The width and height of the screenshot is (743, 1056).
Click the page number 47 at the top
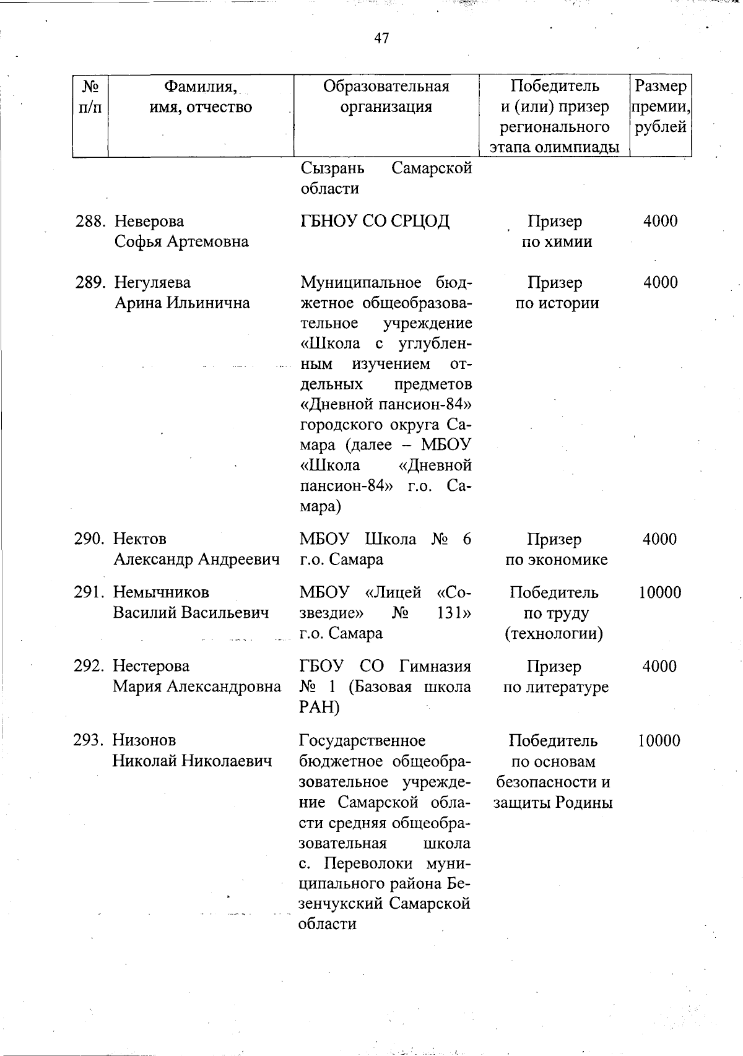click(381, 38)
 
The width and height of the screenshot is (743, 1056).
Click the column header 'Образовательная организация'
click(386, 96)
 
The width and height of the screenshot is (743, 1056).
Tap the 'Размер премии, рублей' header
click(660, 106)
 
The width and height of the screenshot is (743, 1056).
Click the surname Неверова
click(149, 221)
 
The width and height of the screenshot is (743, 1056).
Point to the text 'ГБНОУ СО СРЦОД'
click(375, 221)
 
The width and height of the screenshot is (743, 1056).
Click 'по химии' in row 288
click(556, 241)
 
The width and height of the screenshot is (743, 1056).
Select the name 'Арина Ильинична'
click(182, 303)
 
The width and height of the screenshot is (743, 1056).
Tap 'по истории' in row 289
click(557, 303)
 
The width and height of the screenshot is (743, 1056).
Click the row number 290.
click(89, 539)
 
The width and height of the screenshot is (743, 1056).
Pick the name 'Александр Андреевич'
click(196, 560)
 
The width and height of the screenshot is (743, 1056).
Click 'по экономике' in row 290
click(556, 560)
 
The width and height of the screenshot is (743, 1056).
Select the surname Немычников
click(161, 592)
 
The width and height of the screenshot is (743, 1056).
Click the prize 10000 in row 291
click(659, 592)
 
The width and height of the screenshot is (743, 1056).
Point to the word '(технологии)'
click(554, 634)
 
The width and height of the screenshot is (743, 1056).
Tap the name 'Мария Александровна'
click(196, 686)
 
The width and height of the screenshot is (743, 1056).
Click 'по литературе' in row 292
click(555, 686)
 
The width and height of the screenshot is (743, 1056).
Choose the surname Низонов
click(144, 740)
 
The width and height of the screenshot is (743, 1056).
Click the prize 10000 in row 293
click(659, 740)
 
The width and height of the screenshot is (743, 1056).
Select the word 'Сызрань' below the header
click(332, 168)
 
